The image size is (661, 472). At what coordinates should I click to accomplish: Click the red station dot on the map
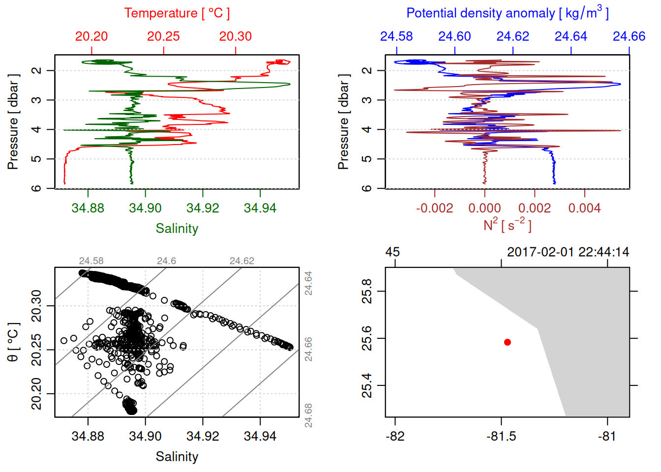click(507, 342)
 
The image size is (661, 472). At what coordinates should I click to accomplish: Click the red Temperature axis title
click(177, 13)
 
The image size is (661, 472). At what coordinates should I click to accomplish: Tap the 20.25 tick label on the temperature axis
click(163, 36)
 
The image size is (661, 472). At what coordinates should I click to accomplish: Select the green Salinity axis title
click(177, 229)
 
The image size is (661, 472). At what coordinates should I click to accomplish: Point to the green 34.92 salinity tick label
click(203, 208)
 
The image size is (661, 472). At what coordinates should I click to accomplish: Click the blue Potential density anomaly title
click(507, 13)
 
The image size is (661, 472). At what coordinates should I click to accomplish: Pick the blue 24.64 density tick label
click(571, 36)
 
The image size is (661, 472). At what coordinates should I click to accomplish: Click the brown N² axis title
click(507, 225)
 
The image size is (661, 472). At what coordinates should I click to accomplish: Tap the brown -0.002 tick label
click(434, 208)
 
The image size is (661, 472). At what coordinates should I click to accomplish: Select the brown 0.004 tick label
click(584, 208)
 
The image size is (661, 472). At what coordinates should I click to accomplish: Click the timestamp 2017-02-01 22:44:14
click(568, 252)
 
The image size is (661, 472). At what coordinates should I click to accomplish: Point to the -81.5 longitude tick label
click(501, 437)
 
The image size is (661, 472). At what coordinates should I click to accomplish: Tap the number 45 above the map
click(392, 252)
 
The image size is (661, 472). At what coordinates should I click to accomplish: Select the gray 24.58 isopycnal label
click(91, 261)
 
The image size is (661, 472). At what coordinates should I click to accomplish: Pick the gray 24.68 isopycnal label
click(308, 415)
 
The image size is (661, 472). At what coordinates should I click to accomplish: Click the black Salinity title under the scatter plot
click(177, 457)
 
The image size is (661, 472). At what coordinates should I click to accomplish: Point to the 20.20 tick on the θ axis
click(36, 394)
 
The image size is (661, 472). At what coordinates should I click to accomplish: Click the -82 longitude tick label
click(395, 437)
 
